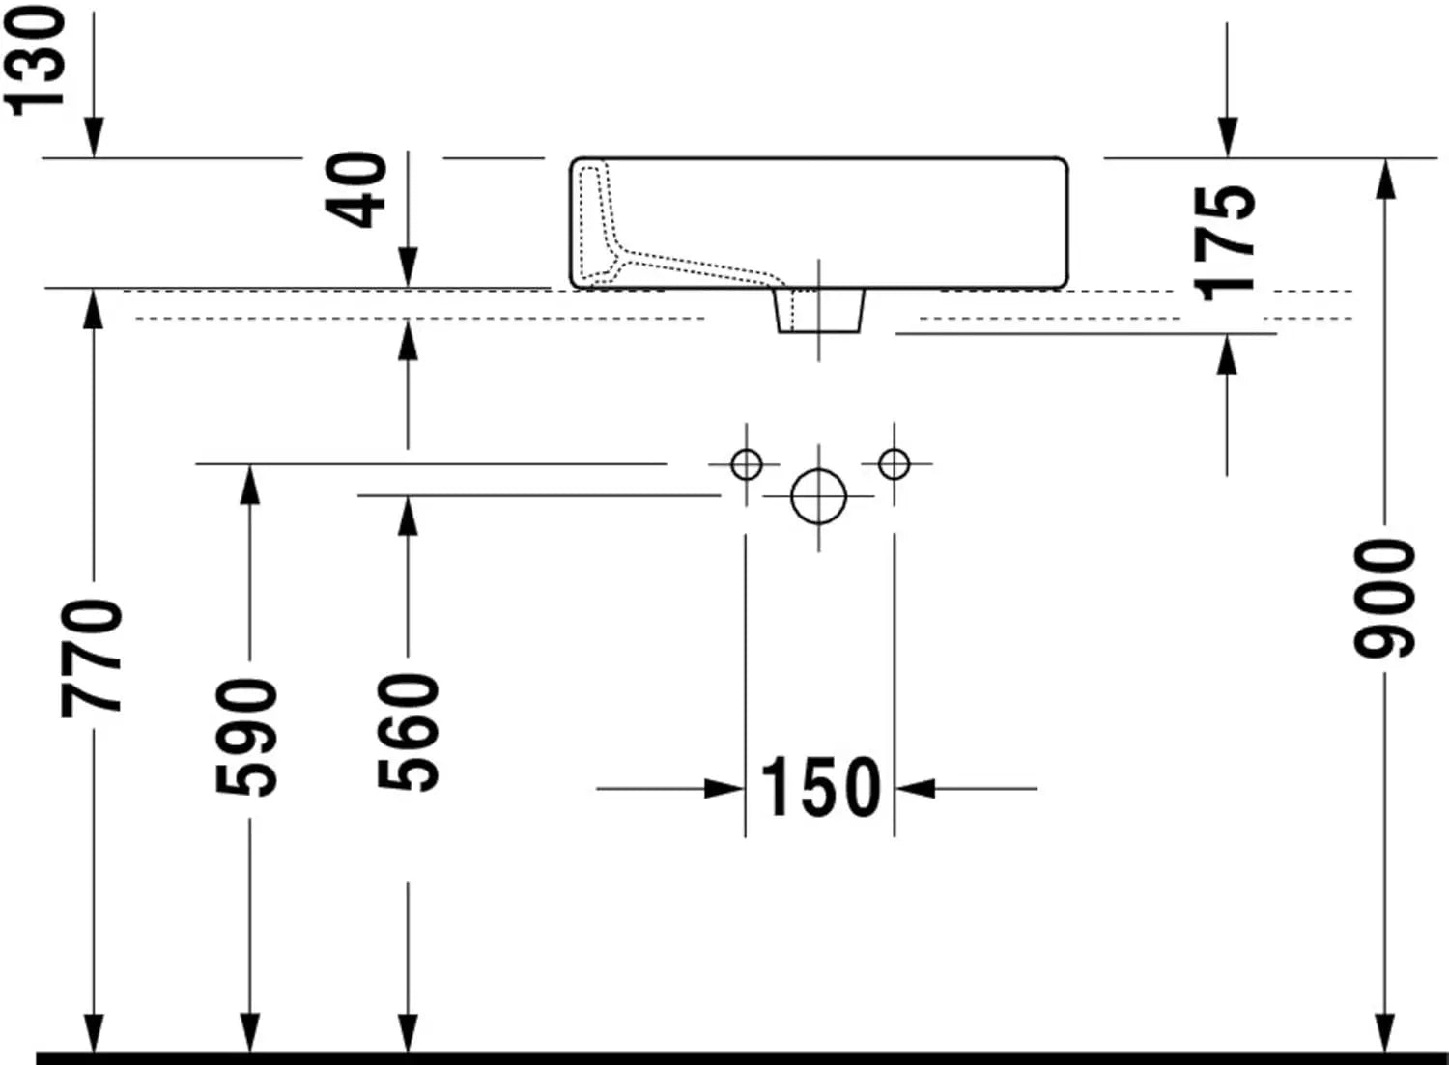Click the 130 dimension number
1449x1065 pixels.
click(x=37, y=60)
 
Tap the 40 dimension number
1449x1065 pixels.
click(x=358, y=189)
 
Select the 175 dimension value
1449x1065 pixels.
click(x=1225, y=242)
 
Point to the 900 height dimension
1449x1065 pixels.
click(x=1385, y=601)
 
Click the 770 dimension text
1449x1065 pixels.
click(x=93, y=659)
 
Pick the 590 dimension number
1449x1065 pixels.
click(x=248, y=738)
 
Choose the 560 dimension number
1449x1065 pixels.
click(x=409, y=732)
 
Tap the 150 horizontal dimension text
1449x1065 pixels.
click(x=820, y=788)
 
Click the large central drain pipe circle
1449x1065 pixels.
click(x=818, y=497)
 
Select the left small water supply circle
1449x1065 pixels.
click(x=746, y=464)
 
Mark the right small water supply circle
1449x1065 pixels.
click(x=894, y=464)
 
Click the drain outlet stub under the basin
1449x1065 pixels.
click(x=819, y=311)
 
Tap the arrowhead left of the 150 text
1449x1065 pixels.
click(x=724, y=789)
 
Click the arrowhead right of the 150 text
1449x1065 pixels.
click(x=916, y=789)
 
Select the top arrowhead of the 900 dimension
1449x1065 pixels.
click(x=1385, y=179)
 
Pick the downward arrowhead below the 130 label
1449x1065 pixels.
click(x=93, y=137)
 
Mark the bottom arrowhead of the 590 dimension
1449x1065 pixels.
click(x=249, y=1031)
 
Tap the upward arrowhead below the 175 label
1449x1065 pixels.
click(x=1227, y=353)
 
